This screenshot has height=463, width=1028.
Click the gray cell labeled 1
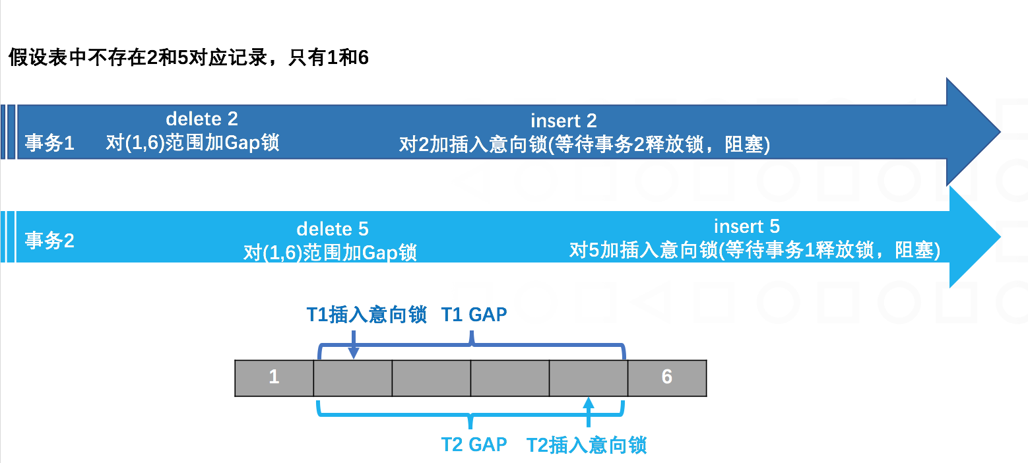pyautogui.click(x=274, y=378)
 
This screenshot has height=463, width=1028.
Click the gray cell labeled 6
pyautogui.click(x=666, y=378)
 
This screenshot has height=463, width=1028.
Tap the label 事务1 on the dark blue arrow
pyautogui.click(x=50, y=144)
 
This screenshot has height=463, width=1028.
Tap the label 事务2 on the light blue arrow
pyautogui.click(x=50, y=240)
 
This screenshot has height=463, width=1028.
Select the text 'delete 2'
pyautogui.click(x=202, y=119)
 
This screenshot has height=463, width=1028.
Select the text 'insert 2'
pyautogui.click(x=563, y=121)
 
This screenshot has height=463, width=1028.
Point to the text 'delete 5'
pyautogui.click(x=333, y=230)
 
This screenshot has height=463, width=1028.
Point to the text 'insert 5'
pyautogui.click(x=747, y=227)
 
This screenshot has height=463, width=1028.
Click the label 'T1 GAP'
pyautogui.click(x=474, y=315)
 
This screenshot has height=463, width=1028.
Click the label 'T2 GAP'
pyautogui.click(x=474, y=444)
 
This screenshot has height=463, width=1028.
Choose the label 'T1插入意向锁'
pyautogui.click(x=367, y=315)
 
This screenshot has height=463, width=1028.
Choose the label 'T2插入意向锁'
pyautogui.click(x=587, y=445)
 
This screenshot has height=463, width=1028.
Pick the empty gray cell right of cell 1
pyautogui.click(x=353, y=378)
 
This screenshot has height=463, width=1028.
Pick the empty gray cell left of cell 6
pyautogui.click(x=588, y=378)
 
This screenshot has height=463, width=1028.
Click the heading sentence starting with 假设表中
pyautogui.click(x=189, y=58)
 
